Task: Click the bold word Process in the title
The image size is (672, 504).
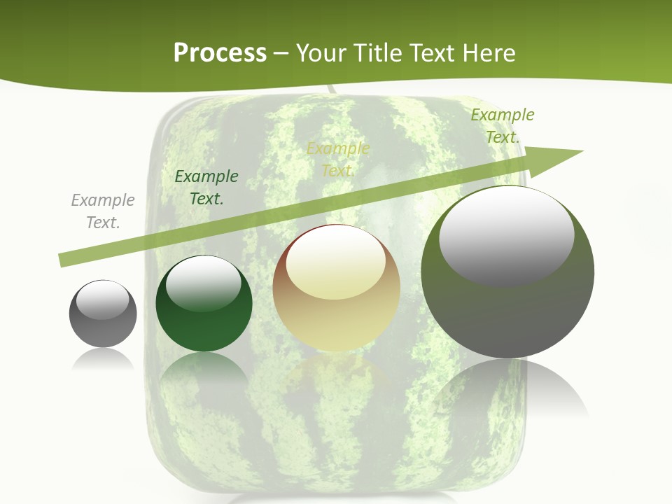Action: (220, 52)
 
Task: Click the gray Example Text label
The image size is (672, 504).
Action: (103, 211)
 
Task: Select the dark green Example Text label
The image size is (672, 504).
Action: (206, 188)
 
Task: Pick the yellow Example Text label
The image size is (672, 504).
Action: (338, 160)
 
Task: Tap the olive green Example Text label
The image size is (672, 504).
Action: (502, 126)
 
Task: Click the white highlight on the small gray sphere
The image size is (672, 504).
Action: (103, 300)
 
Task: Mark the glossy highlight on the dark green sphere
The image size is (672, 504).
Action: (203, 283)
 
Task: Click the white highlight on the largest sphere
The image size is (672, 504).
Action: (506, 234)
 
